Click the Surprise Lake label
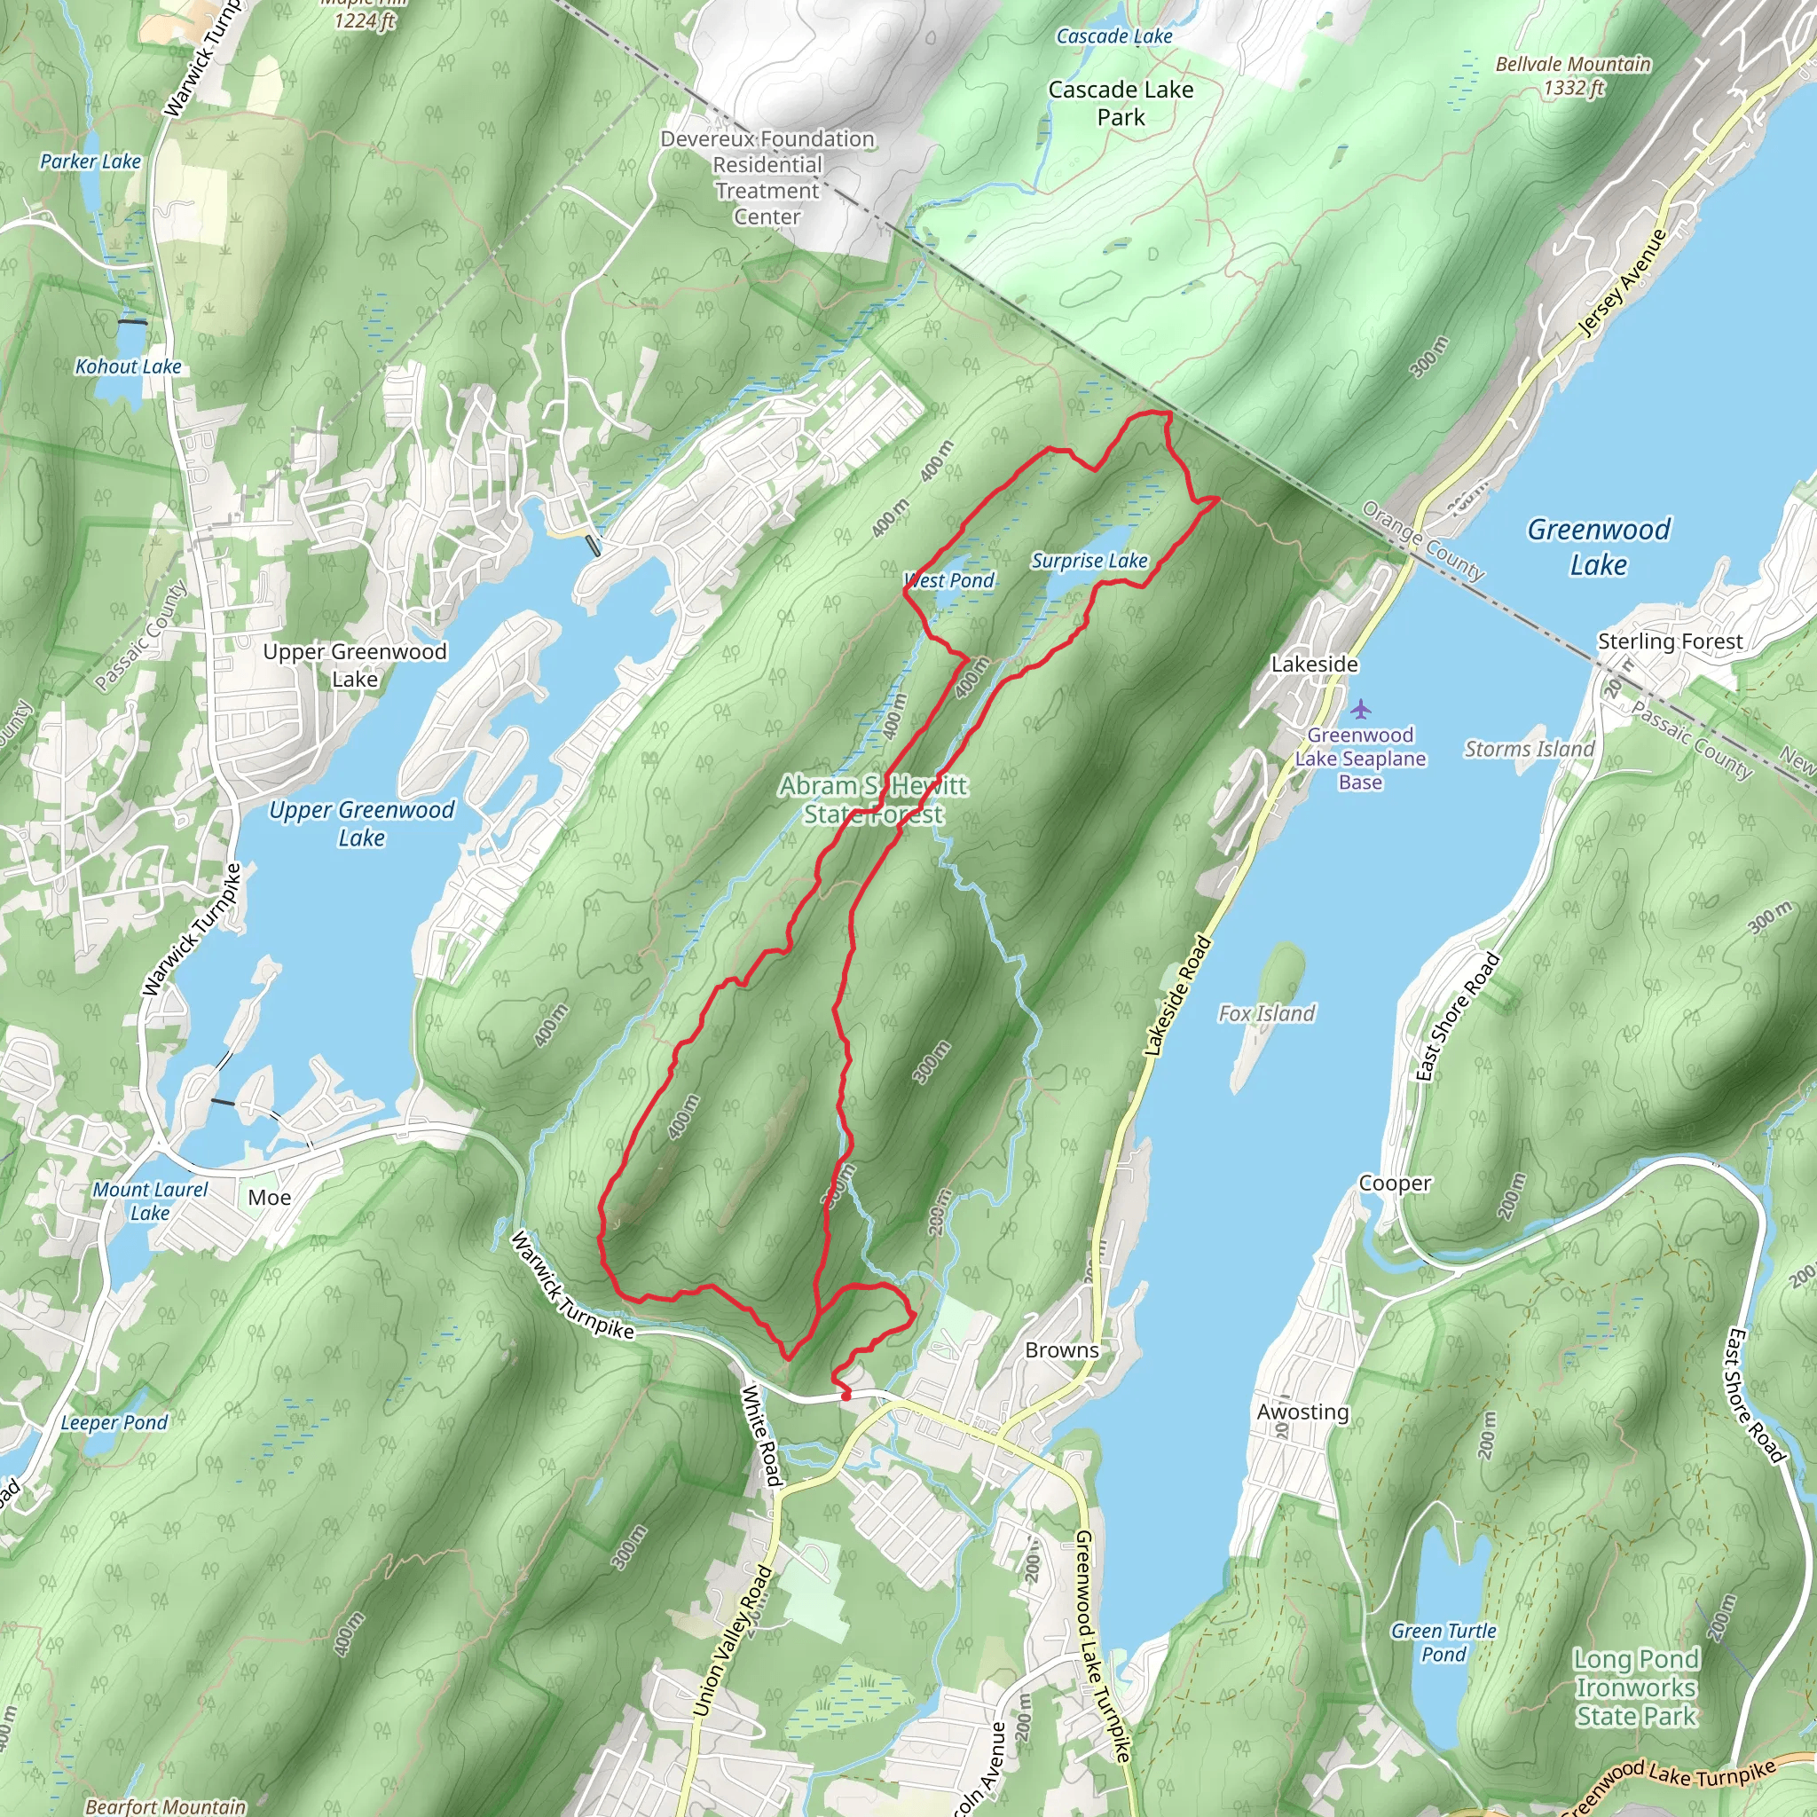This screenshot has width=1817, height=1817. coord(1089,561)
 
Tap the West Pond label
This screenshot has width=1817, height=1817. coord(949,580)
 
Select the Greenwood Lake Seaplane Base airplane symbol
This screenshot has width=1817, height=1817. coord(1360,708)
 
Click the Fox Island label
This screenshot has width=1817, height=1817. coord(1266,1013)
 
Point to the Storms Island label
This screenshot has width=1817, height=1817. coord(1529,749)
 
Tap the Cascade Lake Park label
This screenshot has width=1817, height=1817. coord(1121,104)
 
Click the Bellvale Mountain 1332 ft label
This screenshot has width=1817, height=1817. coord(1572,75)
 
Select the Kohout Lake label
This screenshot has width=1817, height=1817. coord(128,366)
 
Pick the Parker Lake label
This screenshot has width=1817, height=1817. coord(90,161)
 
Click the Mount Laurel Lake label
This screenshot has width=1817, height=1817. coord(150,1201)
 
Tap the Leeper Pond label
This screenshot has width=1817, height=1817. coord(114,1422)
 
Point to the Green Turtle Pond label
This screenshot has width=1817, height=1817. coord(1443,1642)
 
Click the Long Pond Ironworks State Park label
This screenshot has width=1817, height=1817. coord(1635,1687)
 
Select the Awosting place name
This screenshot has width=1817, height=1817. coord(1302,1411)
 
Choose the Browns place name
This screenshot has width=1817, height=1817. coord(1062,1349)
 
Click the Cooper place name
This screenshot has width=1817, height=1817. coord(1395,1184)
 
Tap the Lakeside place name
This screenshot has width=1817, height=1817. coord(1314,664)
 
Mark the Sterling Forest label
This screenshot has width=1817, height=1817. coord(1670,641)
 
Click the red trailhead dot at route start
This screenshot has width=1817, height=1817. coord(845,1396)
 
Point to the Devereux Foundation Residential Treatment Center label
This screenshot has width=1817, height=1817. coord(767,177)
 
